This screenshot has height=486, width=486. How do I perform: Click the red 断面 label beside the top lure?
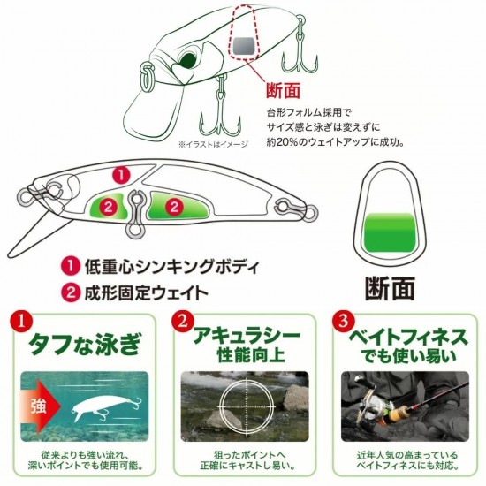coord(284,90)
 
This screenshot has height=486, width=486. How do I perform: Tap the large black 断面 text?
coord(390,289)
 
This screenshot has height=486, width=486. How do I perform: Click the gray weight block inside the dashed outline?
coord(245,47)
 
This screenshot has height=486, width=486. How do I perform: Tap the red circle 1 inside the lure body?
coord(121,175)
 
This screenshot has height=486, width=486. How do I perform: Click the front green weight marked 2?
coord(109,207)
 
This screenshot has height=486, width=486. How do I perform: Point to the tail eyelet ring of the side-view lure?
coord(310,213)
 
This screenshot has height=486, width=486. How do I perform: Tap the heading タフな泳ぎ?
coord(84,344)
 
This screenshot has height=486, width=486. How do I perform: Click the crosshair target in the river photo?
coord(247,406)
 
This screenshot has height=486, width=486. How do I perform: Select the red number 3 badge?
coord(343,321)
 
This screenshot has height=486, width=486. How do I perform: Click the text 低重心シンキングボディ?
coord(171,267)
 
